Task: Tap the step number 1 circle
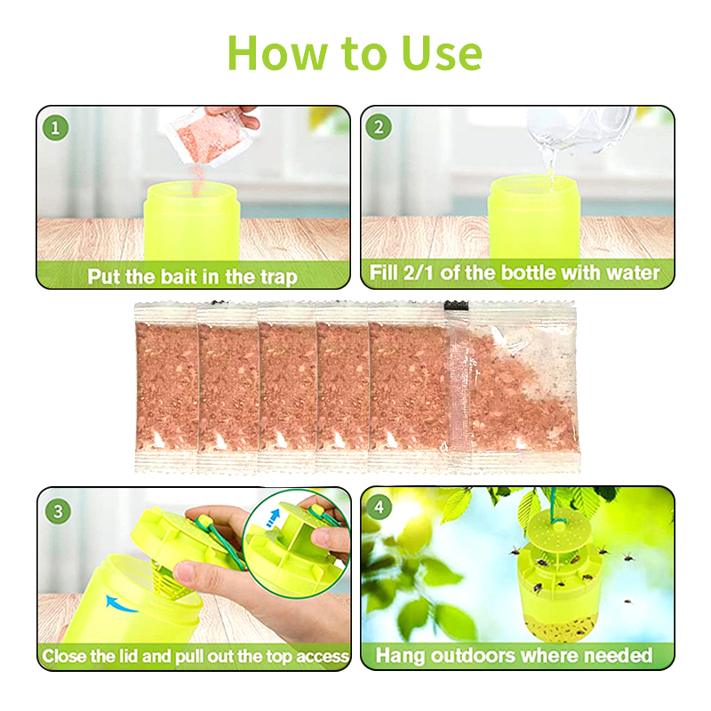(x=55, y=127)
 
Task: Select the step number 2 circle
(x=379, y=127)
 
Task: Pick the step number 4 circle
(x=379, y=507)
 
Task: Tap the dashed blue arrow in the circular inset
(x=272, y=517)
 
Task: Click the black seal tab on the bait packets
(x=456, y=306)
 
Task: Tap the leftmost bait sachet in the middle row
(x=166, y=387)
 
